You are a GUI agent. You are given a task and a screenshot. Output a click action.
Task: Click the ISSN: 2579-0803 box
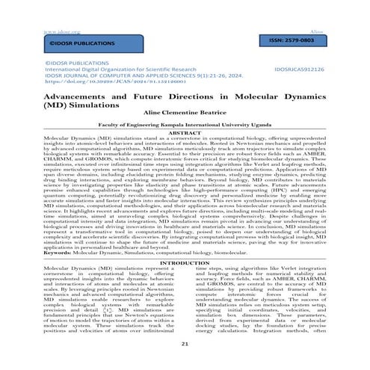[305, 38]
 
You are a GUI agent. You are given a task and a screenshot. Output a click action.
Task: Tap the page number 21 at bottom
[185, 363]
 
